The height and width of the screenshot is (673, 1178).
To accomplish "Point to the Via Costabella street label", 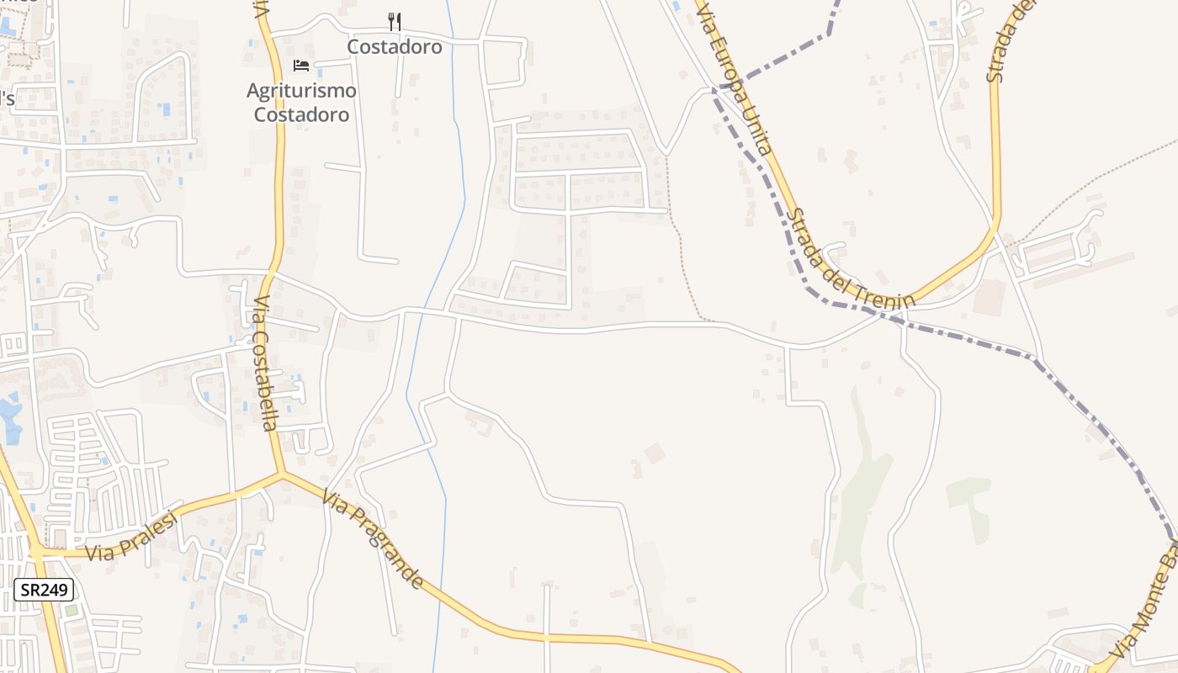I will click(264, 363).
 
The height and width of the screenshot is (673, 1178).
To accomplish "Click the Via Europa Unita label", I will click(733, 77).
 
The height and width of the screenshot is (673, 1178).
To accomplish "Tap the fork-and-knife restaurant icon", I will click(394, 22).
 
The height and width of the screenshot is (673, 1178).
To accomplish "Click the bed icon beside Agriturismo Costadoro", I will click(301, 66).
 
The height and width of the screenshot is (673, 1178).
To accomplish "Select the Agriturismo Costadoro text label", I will click(301, 102).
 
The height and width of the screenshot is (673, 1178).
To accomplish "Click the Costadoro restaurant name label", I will click(395, 47).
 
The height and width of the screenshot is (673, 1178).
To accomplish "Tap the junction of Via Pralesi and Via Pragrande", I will click(283, 474).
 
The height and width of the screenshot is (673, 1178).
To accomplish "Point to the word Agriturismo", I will click(301, 90).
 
